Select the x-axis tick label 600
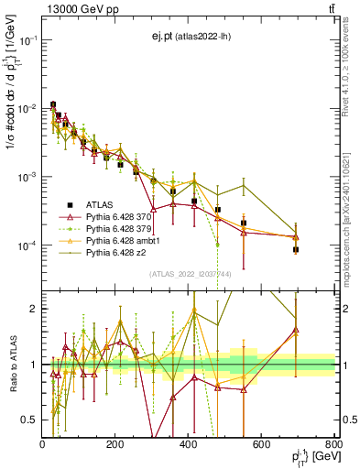(261, 443)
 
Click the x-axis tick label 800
(333, 443)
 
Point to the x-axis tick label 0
(43, 443)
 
